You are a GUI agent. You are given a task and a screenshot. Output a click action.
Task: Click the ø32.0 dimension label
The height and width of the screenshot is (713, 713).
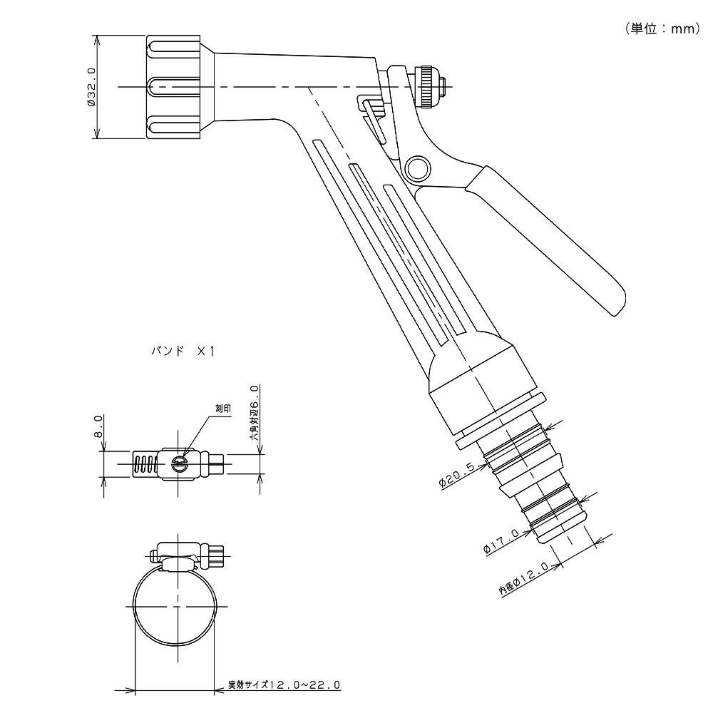(92, 86)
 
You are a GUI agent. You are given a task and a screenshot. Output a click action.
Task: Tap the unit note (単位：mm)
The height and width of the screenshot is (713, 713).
(662, 29)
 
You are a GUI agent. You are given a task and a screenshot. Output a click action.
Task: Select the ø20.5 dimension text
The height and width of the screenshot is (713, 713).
(458, 474)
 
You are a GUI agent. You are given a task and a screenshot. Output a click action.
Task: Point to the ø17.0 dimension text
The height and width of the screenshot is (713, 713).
(502, 540)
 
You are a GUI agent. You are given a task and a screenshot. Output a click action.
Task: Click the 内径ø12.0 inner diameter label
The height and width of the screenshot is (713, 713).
(524, 579)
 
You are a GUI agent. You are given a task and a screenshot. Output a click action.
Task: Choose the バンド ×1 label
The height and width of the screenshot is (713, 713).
(182, 351)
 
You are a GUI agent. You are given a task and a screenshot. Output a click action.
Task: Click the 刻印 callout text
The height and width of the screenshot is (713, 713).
(222, 409)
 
